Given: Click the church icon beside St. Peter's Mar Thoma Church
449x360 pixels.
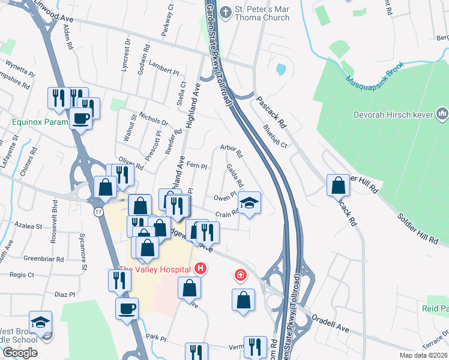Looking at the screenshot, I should (x=225, y=12).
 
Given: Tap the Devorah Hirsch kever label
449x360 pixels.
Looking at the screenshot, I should (x=396, y=114).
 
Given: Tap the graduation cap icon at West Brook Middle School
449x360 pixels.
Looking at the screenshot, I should (x=41, y=322).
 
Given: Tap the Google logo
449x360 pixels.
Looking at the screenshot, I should (x=20, y=353).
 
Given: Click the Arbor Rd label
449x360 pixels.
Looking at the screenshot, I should (x=231, y=150).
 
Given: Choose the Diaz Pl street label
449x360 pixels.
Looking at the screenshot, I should (x=64, y=295).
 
